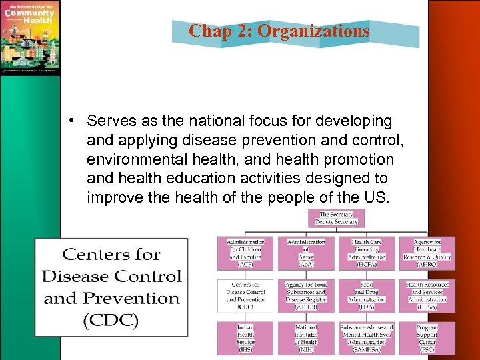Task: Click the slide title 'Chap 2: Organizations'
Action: pyautogui.click(x=279, y=31)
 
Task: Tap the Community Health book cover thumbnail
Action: pyautogui.click(x=31, y=37)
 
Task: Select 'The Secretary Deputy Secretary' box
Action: pyautogui.click(x=338, y=218)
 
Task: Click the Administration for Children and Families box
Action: pyautogui.click(x=245, y=253)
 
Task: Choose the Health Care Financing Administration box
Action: pyautogui.click(x=367, y=253)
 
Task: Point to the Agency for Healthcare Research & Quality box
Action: pyautogui.click(x=427, y=253)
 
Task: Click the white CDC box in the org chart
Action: pyautogui.click(x=245, y=296)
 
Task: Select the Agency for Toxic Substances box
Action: pyautogui.click(x=306, y=296)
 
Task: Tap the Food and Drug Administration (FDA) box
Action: pyautogui.click(x=367, y=296)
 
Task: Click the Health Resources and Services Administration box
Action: pyautogui.click(x=427, y=296)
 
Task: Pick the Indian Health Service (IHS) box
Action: pyautogui.click(x=245, y=339)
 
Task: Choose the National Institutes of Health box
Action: pyautogui.click(x=306, y=339)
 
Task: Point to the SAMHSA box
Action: pyautogui.click(x=367, y=339)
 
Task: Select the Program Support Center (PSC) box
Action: pyautogui.click(x=427, y=339)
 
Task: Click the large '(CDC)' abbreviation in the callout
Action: pyautogui.click(x=111, y=320)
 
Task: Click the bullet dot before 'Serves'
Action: pyautogui.click(x=79, y=121)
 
